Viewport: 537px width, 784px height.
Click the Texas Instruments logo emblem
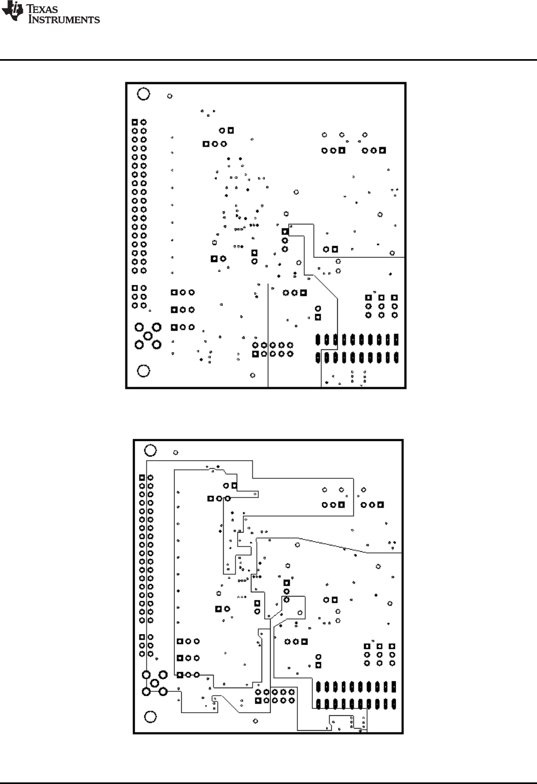pyautogui.click(x=13, y=11)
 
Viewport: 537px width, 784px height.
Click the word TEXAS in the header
pyautogui.click(x=43, y=9)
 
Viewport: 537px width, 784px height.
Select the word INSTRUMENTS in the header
pyautogui.click(x=64, y=19)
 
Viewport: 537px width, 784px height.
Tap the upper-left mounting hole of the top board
pyautogui.click(x=143, y=94)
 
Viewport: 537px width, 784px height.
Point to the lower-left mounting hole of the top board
pyautogui.click(x=143, y=371)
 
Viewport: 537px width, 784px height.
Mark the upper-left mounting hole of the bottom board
pyautogui.click(x=151, y=450)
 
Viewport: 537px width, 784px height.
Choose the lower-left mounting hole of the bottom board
pyautogui.click(x=151, y=717)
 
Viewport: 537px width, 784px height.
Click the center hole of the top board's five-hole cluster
pyautogui.click(x=148, y=336)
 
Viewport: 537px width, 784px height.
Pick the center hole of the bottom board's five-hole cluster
pyautogui.click(x=154, y=683)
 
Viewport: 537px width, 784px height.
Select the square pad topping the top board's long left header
pyautogui.click(x=135, y=122)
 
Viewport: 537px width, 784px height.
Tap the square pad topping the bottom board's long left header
pyautogui.click(x=142, y=477)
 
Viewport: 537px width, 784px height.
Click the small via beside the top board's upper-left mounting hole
pyautogui.click(x=170, y=96)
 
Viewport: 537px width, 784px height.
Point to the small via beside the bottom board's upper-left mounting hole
pyautogui.click(x=176, y=453)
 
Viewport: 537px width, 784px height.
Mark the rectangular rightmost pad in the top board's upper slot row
pyautogui.click(x=396, y=339)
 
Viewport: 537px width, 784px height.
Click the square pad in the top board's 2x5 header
pyautogui.click(x=256, y=354)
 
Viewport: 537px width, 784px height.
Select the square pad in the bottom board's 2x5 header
pyautogui.click(x=258, y=700)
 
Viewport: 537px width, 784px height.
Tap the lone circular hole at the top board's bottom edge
pyautogui.click(x=253, y=375)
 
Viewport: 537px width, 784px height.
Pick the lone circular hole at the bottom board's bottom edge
pyautogui.click(x=256, y=721)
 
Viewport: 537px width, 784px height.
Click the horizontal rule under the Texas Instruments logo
pyautogui.click(x=268, y=60)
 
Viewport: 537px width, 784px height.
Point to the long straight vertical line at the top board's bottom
pyautogui.click(x=268, y=336)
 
